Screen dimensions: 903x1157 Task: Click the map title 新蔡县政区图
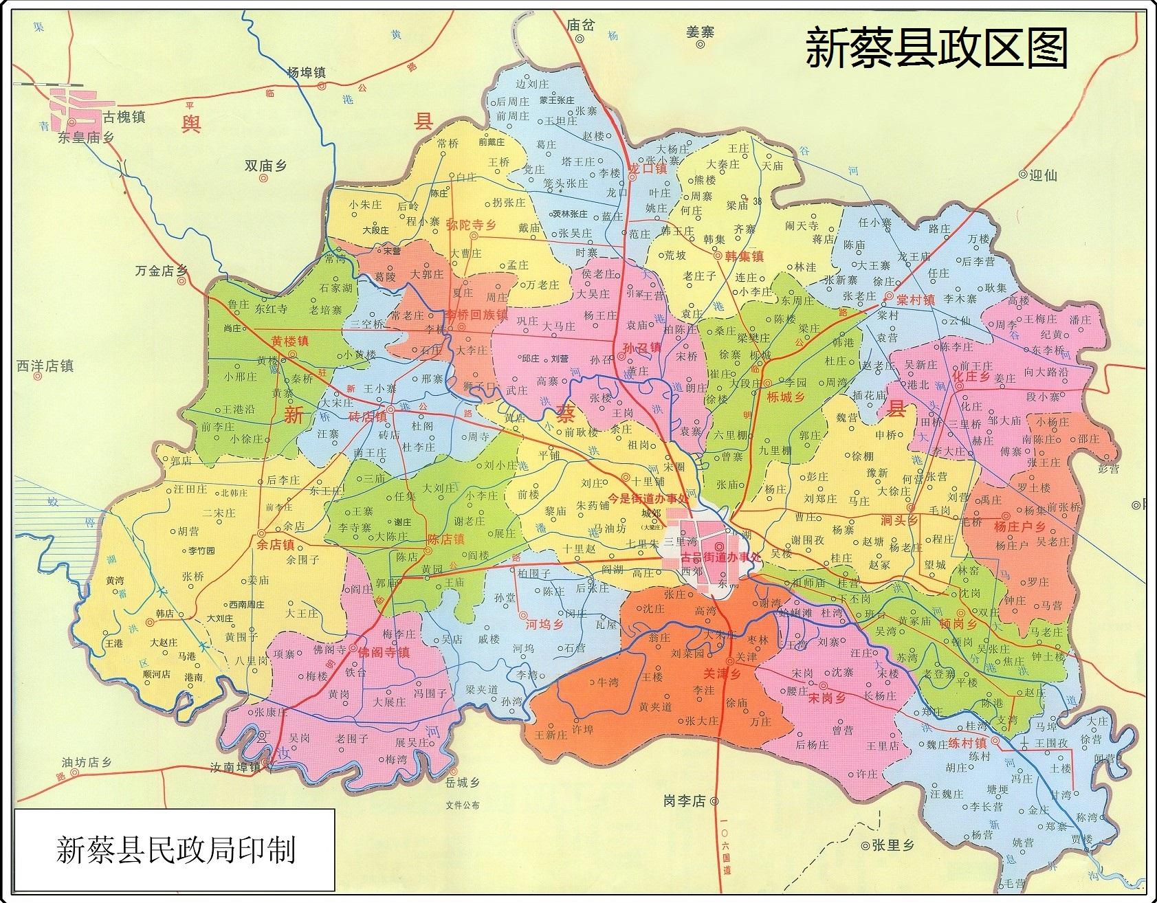click(x=936, y=49)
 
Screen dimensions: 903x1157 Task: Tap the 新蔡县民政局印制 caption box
click(x=175, y=850)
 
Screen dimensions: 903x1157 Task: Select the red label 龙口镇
click(x=648, y=168)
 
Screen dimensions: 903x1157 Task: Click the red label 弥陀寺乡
click(x=471, y=225)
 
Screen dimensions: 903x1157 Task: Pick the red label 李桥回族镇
click(x=476, y=315)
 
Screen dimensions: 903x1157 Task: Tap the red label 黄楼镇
click(x=289, y=341)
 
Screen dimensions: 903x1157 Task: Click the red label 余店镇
click(x=275, y=544)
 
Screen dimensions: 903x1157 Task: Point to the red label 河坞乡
click(x=544, y=625)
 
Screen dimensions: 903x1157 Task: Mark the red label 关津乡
click(x=720, y=675)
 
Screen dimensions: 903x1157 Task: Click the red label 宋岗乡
click(x=826, y=697)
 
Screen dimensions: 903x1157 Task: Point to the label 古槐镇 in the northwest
click(x=124, y=117)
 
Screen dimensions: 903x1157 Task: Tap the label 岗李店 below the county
click(x=685, y=801)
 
